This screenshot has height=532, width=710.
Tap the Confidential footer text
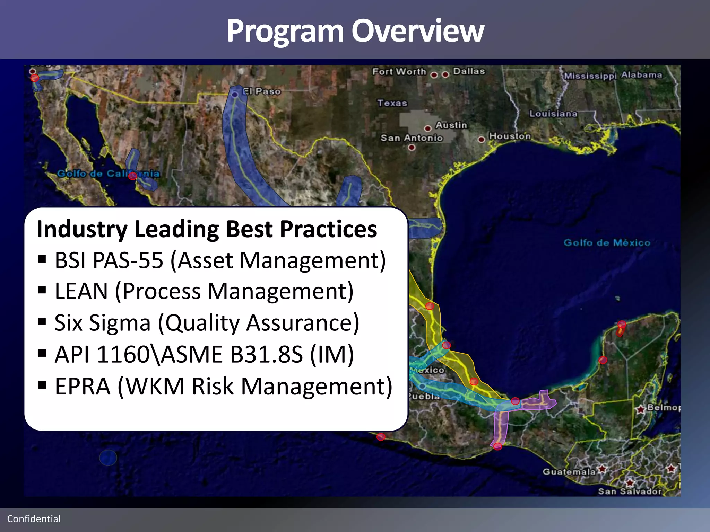click(x=34, y=519)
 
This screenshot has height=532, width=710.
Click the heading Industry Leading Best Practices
click(x=207, y=229)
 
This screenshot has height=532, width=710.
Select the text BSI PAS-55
click(x=109, y=260)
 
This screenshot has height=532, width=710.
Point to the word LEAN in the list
click(x=81, y=291)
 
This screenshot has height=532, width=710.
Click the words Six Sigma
click(x=103, y=323)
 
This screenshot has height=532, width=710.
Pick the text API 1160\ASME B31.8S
click(x=179, y=354)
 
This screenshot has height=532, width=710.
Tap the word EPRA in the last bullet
click(x=83, y=386)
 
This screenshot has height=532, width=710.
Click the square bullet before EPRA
click(x=42, y=385)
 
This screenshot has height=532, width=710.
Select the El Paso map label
click(x=262, y=91)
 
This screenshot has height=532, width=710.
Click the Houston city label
click(x=510, y=136)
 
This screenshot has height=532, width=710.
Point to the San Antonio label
click(x=412, y=138)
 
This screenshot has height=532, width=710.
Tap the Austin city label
click(x=451, y=125)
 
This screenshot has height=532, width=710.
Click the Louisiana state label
click(x=553, y=114)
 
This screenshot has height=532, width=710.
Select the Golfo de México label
click(x=607, y=242)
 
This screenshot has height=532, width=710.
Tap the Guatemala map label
click(x=569, y=472)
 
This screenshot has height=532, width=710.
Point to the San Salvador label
click(x=629, y=491)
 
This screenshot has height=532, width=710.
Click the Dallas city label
click(x=469, y=71)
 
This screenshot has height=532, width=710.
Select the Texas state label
click(x=392, y=103)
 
